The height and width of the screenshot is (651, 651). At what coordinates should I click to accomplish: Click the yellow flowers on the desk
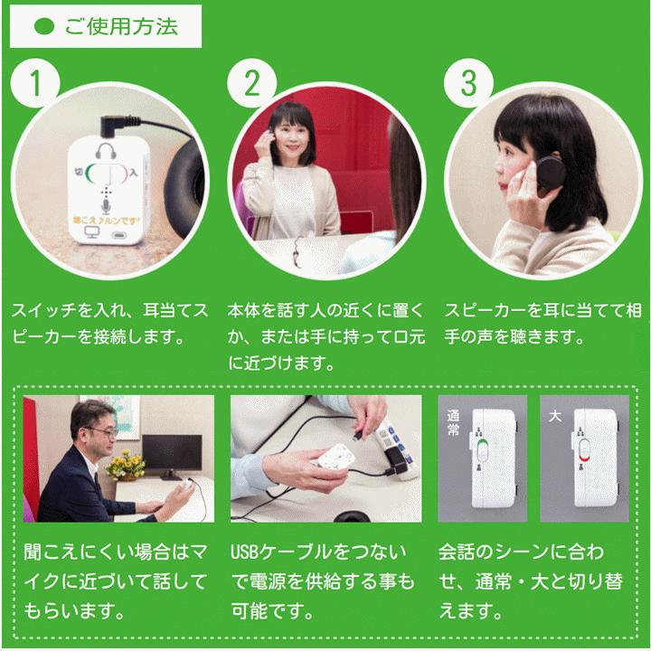click(x=127, y=464)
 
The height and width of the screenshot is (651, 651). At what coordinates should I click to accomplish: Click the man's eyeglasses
click(x=103, y=433)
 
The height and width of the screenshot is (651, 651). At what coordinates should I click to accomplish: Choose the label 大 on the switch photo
click(x=554, y=418)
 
